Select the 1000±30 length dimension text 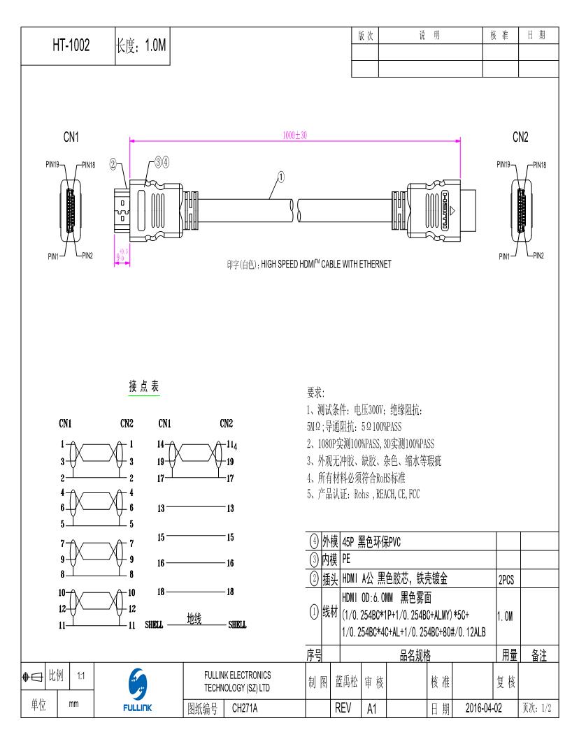click(x=294, y=135)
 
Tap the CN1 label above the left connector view click(x=71, y=137)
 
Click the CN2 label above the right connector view click(x=520, y=137)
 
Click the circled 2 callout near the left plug click(x=113, y=165)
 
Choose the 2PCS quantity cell click(x=506, y=580)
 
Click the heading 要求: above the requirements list click(x=316, y=393)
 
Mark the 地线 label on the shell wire click(x=194, y=618)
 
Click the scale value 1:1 click(x=80, y=676)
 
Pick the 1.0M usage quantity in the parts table click(x=506, y=615)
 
